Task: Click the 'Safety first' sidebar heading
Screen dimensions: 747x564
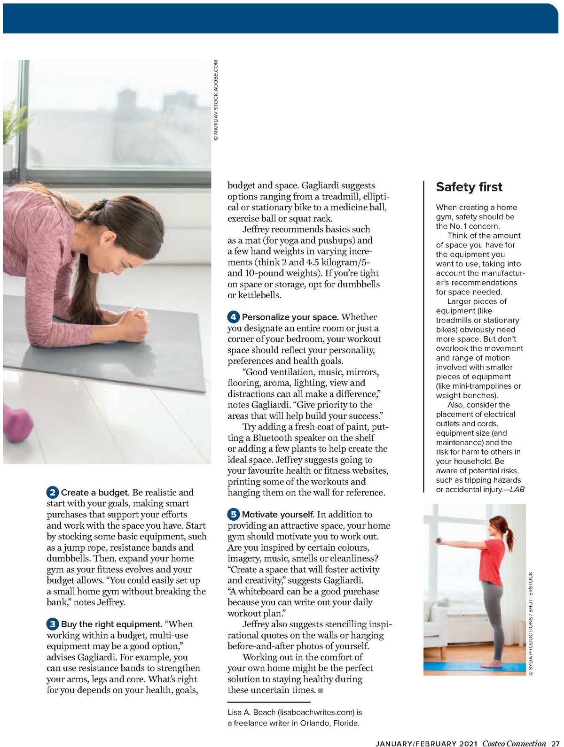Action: point(469,187)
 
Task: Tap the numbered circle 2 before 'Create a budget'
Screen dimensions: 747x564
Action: point(53,493)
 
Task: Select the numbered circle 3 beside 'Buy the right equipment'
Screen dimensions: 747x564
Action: point(53,624)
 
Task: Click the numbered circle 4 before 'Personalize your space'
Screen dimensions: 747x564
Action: point(234,317)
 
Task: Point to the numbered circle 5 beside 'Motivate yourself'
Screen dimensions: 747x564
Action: point(234,515)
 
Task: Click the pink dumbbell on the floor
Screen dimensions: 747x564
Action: point(16,422)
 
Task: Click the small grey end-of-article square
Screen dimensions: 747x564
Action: point(321,690)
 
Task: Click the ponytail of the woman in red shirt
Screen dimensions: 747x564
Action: point(510,539)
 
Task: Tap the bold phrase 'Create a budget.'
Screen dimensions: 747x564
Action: point(95,493)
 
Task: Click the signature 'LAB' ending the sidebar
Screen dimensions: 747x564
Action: point(517,489)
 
